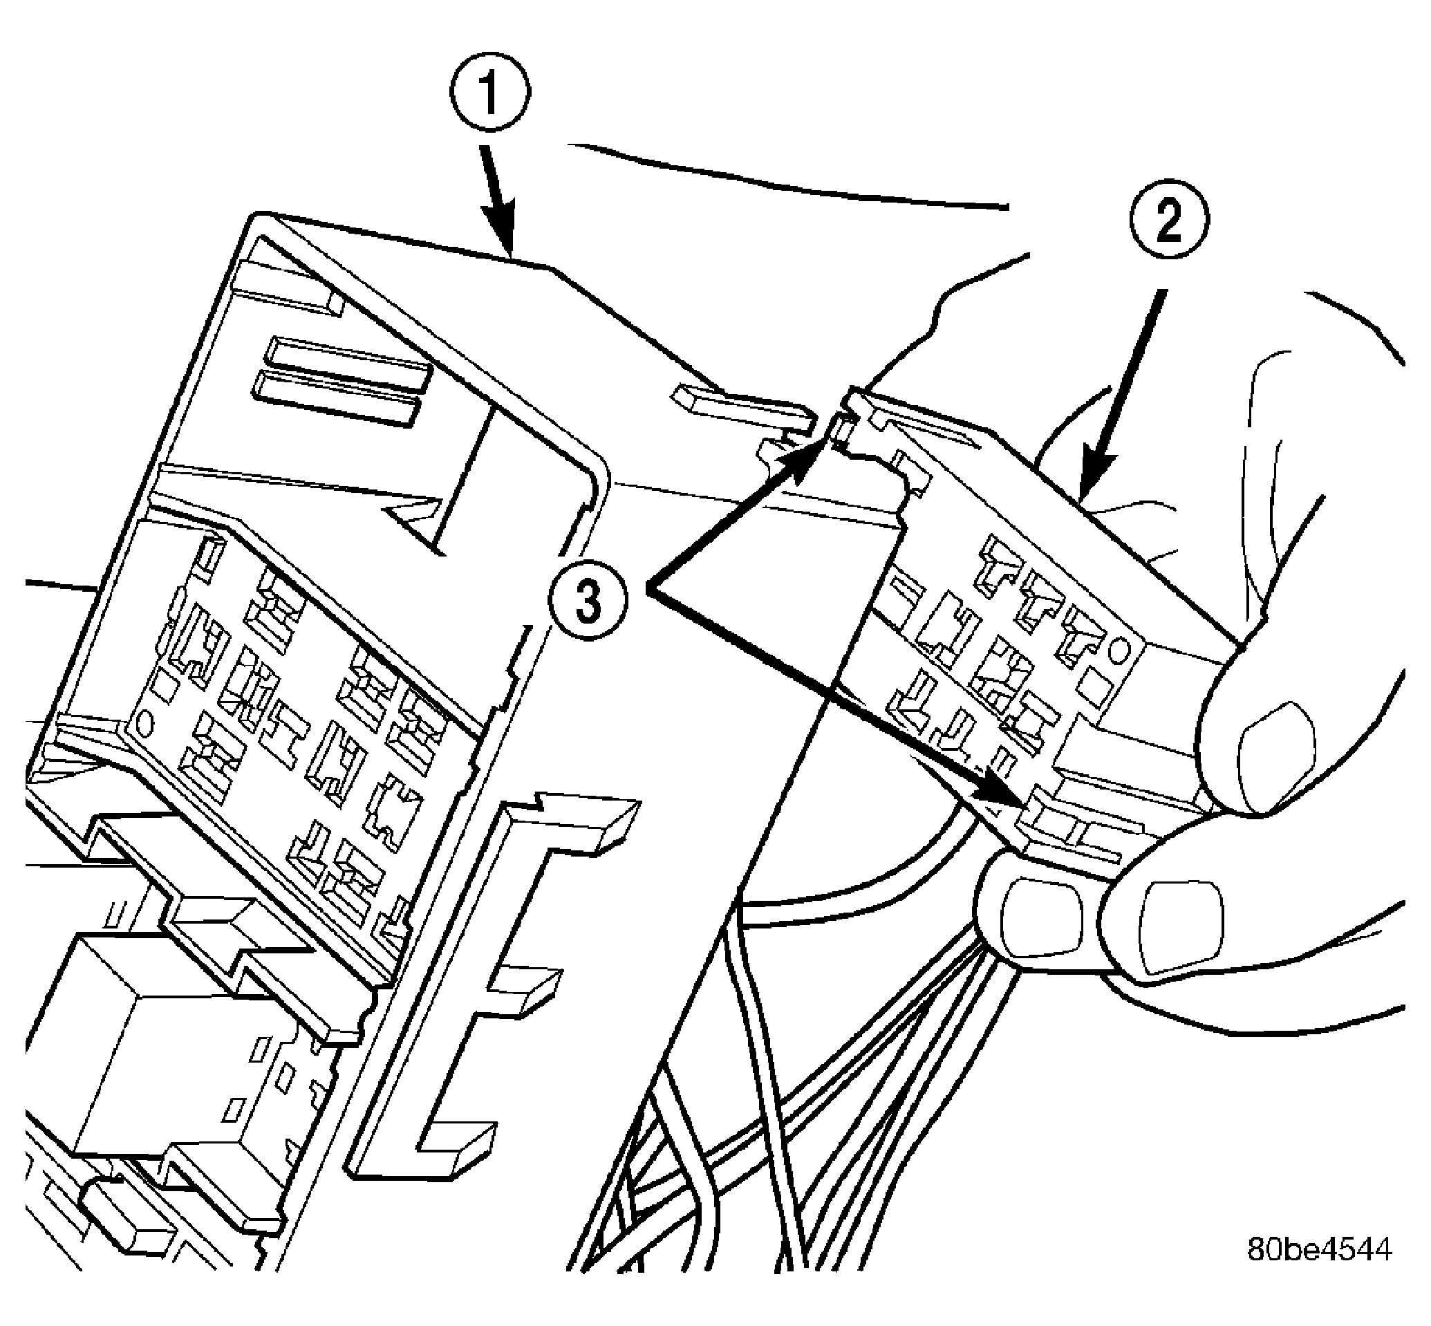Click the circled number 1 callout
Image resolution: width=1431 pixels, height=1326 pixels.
click(490, 95)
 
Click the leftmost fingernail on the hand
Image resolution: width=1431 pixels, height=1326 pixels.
click(1040, 918)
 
